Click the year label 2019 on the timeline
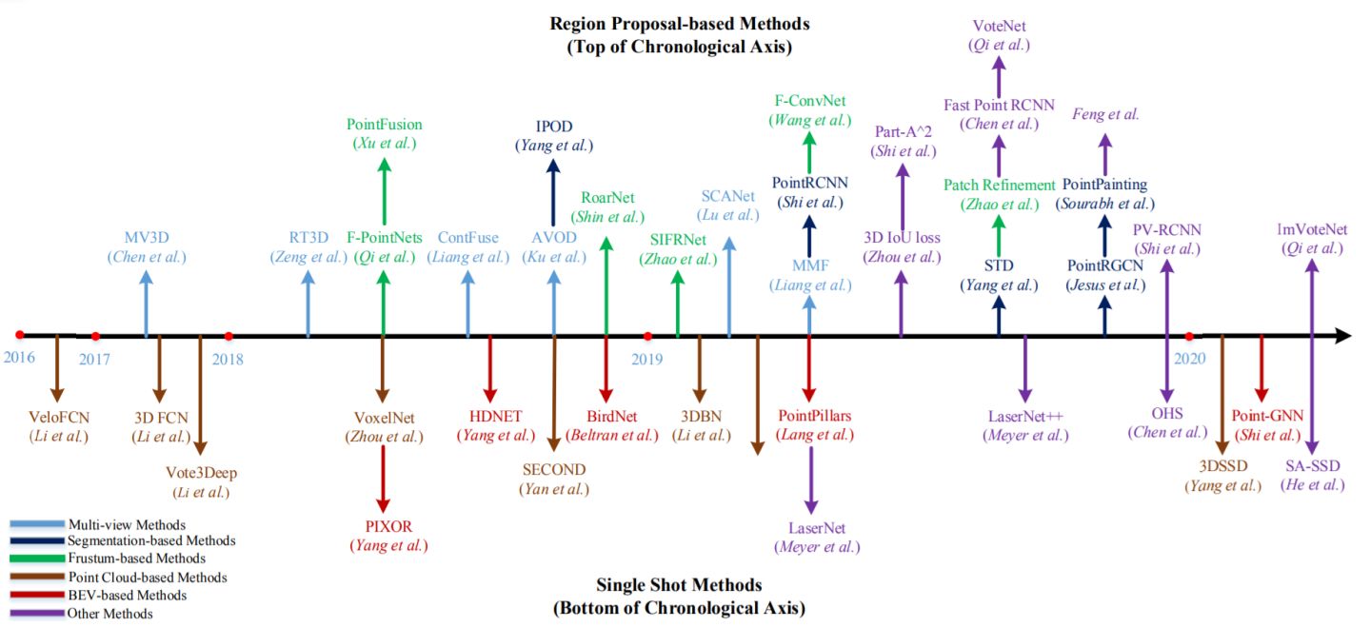coord(647,359)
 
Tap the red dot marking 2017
coord(95,337)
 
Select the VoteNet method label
coord(999,27)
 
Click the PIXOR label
coord(388,527)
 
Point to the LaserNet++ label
coord(1025,417)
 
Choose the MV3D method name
coord(147,237)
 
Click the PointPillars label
coord(815,416)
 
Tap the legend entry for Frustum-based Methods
coord(136,558)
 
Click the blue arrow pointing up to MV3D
coord(146,304)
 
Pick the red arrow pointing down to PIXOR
coord(383,479)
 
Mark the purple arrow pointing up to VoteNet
coord(999,78)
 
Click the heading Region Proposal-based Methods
coord(680,24)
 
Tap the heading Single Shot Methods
coord(680,585)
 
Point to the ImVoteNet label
coord(1312,229)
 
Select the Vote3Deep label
coord(202,473)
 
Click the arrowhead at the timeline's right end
coord(1343,336)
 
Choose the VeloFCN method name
coord(59,417)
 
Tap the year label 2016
coord(19,357)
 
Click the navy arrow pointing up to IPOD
coord(553,193)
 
